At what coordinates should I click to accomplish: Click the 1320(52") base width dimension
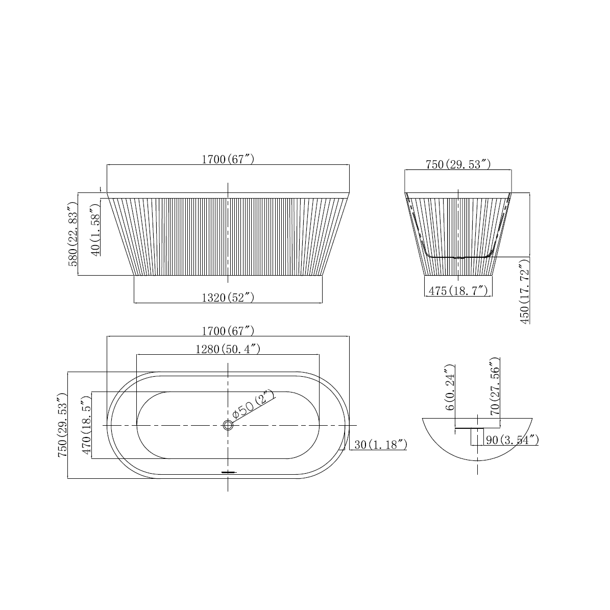(x=228, y=298)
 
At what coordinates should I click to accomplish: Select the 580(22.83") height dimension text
(x=72, y=233)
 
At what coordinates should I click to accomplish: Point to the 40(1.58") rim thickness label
(x=94, y=229)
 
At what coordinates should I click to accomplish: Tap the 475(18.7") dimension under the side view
(x=458, y=291)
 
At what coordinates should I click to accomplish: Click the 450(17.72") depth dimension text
(x=524, y=291)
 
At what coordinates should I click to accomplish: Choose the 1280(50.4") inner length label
(x=228, y=349)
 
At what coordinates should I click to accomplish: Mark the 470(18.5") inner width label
(x=87, y=425)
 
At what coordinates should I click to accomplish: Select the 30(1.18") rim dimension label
(x=380, y=445)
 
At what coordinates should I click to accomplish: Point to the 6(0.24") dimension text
(x=449, y=388)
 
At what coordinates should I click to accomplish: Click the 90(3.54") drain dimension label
(x=512, y=440)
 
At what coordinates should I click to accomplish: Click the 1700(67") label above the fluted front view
(x=228, y=159)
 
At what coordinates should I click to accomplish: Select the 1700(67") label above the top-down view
(x=228, y=331)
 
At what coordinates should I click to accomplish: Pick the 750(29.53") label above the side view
(x=458, y=164)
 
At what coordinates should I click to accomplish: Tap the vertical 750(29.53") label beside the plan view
(x=62, y=425)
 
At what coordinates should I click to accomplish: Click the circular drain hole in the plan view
(x=228, y=425)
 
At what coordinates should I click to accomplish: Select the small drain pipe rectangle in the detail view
(x=477, y=437)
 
